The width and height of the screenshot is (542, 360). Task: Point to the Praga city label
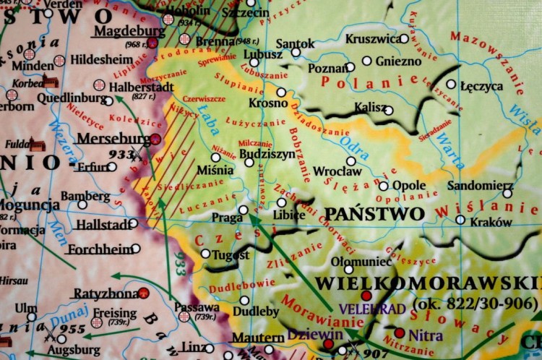226,217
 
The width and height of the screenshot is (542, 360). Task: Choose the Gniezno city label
397,61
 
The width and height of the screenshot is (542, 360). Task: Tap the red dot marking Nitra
400,333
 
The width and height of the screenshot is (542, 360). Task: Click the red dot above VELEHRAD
366,296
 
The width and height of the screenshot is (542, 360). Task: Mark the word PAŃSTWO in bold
374,214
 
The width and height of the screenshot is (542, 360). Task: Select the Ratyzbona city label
106,294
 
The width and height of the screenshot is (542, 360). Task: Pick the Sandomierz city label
480,186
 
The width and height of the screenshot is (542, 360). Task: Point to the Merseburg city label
112,138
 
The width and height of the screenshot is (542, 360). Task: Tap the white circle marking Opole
383,186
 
